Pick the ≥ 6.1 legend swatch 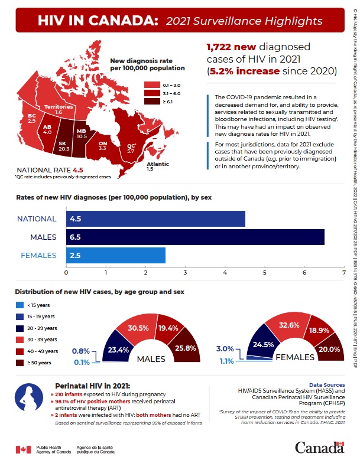[x=150, y=102]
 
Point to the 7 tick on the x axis [x=343, y=273]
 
